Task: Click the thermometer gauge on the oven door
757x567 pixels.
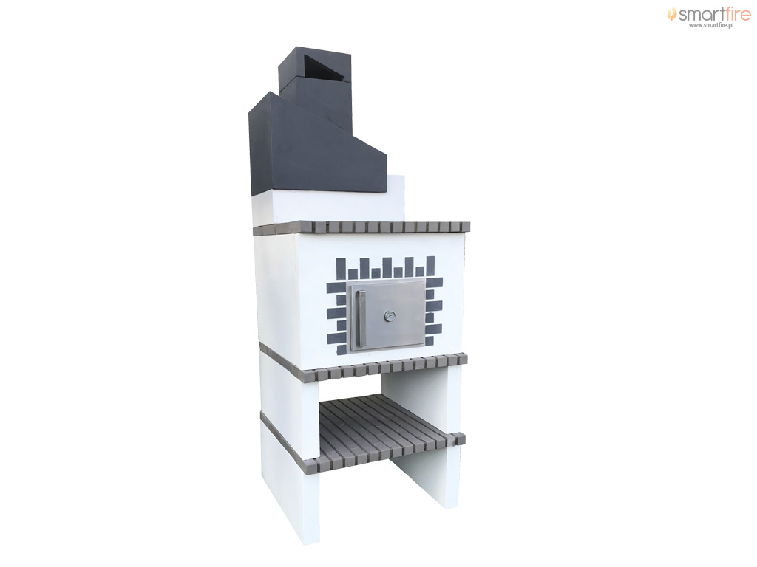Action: pos(389,316)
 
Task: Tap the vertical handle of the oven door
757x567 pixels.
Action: pos(359,318)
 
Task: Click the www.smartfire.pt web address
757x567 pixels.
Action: pos(711,25)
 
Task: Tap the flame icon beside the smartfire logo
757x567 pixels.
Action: pos(672,14)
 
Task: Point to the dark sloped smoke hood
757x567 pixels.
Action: pos(316,144)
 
